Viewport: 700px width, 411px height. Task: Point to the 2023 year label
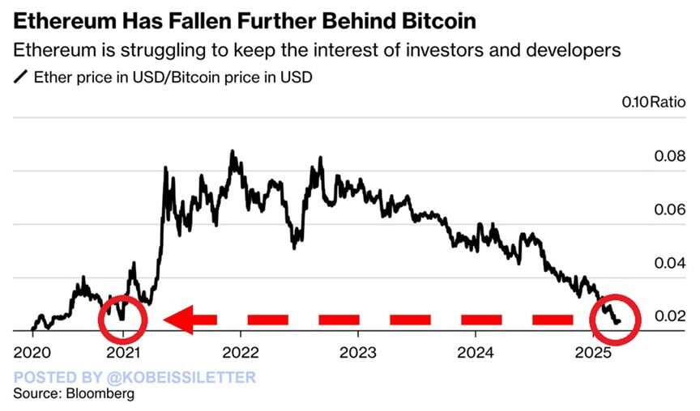pos(358,354)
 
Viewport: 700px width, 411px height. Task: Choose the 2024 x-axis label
pos(475,354)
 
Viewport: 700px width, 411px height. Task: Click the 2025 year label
pos(592,354)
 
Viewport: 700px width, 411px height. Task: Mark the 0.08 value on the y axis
pos(669,156)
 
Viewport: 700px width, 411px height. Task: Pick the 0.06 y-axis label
pos(669,210)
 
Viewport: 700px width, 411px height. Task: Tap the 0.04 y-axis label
pos(669,263)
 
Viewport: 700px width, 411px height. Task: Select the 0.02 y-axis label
pos(669,316)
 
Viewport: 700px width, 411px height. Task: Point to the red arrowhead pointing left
pos(180,320)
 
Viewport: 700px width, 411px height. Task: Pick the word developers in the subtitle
pos(571,50)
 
